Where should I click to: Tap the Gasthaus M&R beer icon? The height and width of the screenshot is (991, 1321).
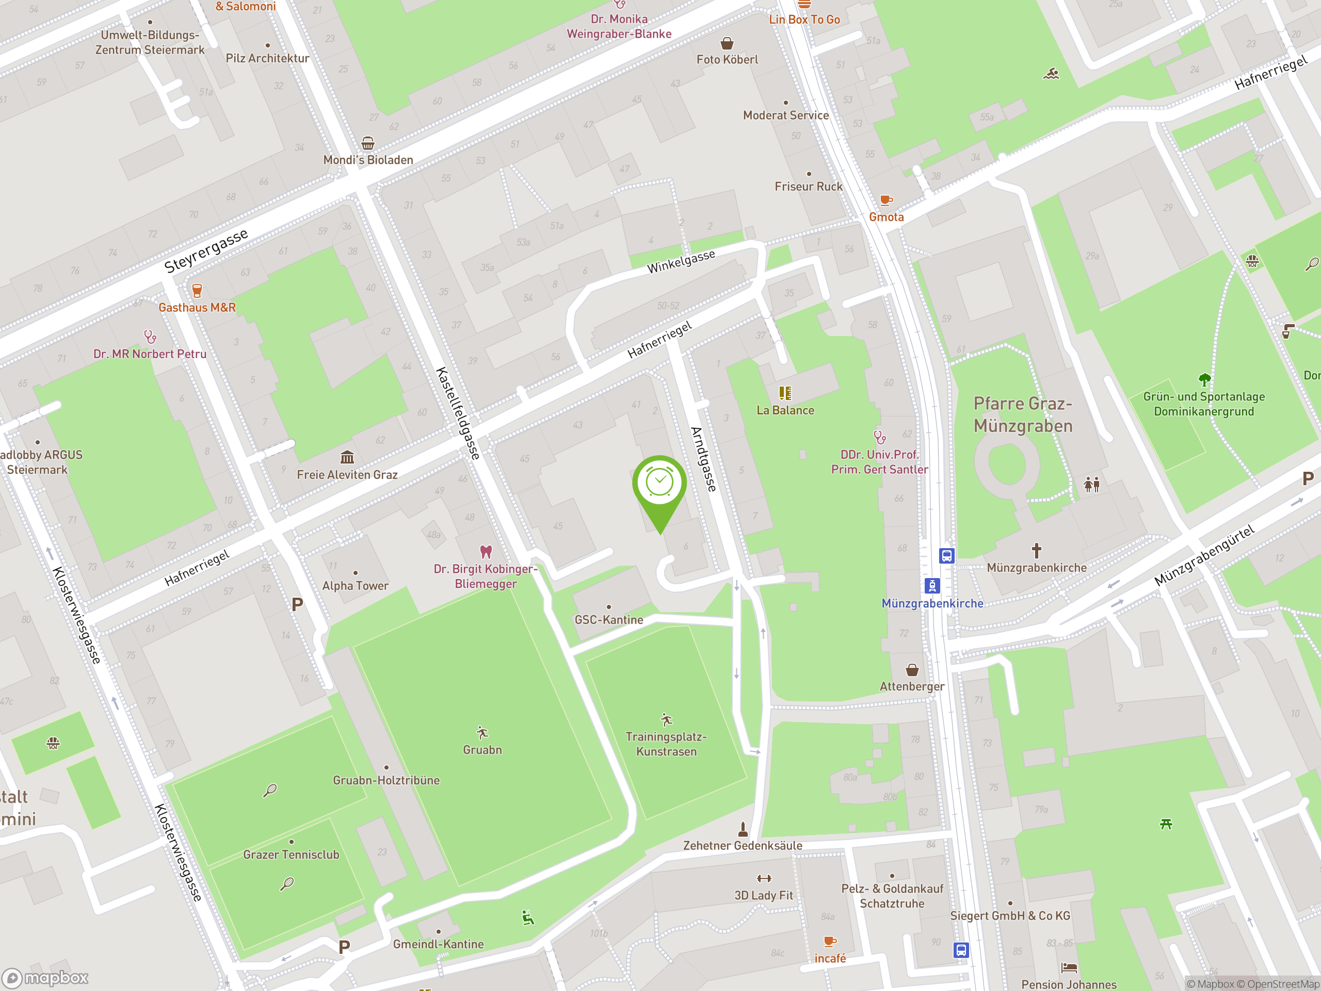click(x=197, y=290)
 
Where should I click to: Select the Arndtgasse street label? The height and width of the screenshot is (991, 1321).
click(x=703, y=459)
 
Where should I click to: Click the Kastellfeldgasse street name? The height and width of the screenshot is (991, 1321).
click(x=458, y=413)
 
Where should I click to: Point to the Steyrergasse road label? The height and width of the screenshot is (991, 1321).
click(x=206, y=251)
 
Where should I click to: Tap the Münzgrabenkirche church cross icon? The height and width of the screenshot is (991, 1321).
click(x=1036, y=550)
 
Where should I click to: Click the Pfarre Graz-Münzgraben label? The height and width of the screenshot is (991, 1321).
click(x=1023, y=414)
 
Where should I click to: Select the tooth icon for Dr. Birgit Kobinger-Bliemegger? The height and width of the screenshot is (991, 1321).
click(x=486, y=551)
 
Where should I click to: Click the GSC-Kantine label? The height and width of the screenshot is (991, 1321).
click(x=608, y=620)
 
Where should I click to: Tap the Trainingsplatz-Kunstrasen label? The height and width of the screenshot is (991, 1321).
click(x=666, y=744)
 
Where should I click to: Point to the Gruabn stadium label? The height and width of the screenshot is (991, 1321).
click(x=482, y=749)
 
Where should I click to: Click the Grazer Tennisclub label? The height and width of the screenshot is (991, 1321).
click(x=291, y=854)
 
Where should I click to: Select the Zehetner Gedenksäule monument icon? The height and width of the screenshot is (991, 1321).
click(x=743, y=829)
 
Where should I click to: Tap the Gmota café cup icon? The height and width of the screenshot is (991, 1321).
click(x=885, y=200)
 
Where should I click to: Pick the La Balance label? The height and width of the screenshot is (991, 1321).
click(x=785, y=410)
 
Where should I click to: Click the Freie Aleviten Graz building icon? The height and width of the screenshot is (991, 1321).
click(x=347, y=458)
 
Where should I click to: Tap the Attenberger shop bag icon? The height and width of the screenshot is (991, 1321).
click(x=912, y=669)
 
